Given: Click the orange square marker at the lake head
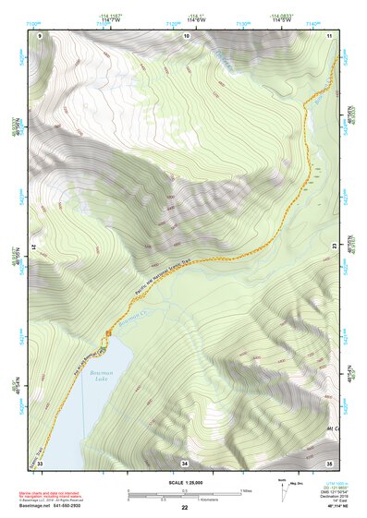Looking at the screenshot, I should [x=109, y=331].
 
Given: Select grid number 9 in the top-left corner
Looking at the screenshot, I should [x=40, y=35].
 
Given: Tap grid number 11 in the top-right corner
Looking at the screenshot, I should [x=329, y=35].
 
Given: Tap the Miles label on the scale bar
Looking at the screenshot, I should [x=244, y=489].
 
